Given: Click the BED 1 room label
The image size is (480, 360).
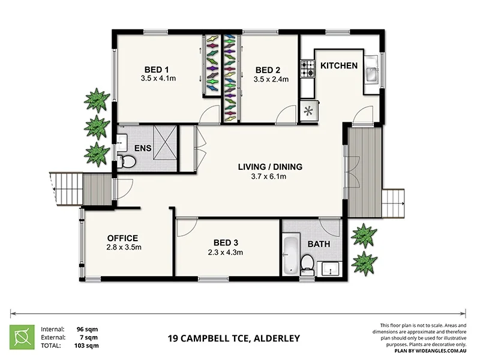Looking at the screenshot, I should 155,68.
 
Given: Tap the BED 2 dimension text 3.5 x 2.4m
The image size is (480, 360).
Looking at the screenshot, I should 271,79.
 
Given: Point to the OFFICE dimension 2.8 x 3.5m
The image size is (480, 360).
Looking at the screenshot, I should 123,247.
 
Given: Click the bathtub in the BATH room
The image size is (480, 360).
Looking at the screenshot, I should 290,255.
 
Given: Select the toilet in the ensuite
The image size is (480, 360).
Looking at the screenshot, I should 127,161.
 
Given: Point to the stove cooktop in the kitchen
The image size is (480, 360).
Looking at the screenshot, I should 308,70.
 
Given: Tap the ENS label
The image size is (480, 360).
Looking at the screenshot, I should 142,148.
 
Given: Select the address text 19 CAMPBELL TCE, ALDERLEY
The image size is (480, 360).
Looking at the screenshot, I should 233,338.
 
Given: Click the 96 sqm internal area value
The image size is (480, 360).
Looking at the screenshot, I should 87,329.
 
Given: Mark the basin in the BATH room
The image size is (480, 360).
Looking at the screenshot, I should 331,268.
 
